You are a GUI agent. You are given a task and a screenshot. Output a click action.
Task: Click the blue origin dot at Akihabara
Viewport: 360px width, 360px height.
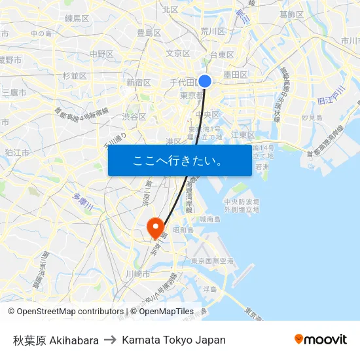click(x=205, y=81)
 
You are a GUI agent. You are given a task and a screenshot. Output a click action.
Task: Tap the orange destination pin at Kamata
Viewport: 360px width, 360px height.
click(x=156, y=227)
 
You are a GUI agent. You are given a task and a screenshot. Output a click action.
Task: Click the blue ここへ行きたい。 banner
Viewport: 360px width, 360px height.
click(x=179, y=160)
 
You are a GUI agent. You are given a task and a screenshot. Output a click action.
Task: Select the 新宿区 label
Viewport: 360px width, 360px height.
click(x=139, y=82)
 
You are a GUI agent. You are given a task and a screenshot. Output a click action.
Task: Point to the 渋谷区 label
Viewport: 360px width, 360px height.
click(x=134, y=117)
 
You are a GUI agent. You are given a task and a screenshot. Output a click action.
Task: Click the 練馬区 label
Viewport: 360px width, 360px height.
click(x=77, y=18)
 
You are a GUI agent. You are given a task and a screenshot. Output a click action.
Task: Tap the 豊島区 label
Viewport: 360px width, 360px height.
click(x=149, y=33)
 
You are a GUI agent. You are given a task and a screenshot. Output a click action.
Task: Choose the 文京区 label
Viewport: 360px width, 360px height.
click(x=178, y=54)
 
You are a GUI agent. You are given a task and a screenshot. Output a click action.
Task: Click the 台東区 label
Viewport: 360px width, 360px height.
click(x=222, y=55)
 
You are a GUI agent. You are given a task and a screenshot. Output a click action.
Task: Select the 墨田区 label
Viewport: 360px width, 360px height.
click(x=236, y=75)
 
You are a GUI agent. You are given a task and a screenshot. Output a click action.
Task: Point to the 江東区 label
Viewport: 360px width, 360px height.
click(x=243, y=135)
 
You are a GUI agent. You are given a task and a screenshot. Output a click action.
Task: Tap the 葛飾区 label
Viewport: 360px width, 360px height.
click(x=291, y=14)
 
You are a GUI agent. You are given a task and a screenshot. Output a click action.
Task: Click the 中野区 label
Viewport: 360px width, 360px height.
click(x=101, y=54)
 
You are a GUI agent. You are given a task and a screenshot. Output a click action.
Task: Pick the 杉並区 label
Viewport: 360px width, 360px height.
click(x=75, y=76)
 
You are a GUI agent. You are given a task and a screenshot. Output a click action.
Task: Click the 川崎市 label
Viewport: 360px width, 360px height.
click(x=137, y=274)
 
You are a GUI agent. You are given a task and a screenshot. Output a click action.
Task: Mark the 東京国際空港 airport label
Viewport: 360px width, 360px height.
click(x=211, y=261)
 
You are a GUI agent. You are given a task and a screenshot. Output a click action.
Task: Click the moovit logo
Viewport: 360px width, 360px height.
click(x=320, y=339)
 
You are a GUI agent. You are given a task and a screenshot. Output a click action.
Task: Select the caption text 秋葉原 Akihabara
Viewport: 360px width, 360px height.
click(x=56, y=340)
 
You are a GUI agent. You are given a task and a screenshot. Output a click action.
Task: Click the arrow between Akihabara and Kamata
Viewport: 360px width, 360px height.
click(x=110, y=340)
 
